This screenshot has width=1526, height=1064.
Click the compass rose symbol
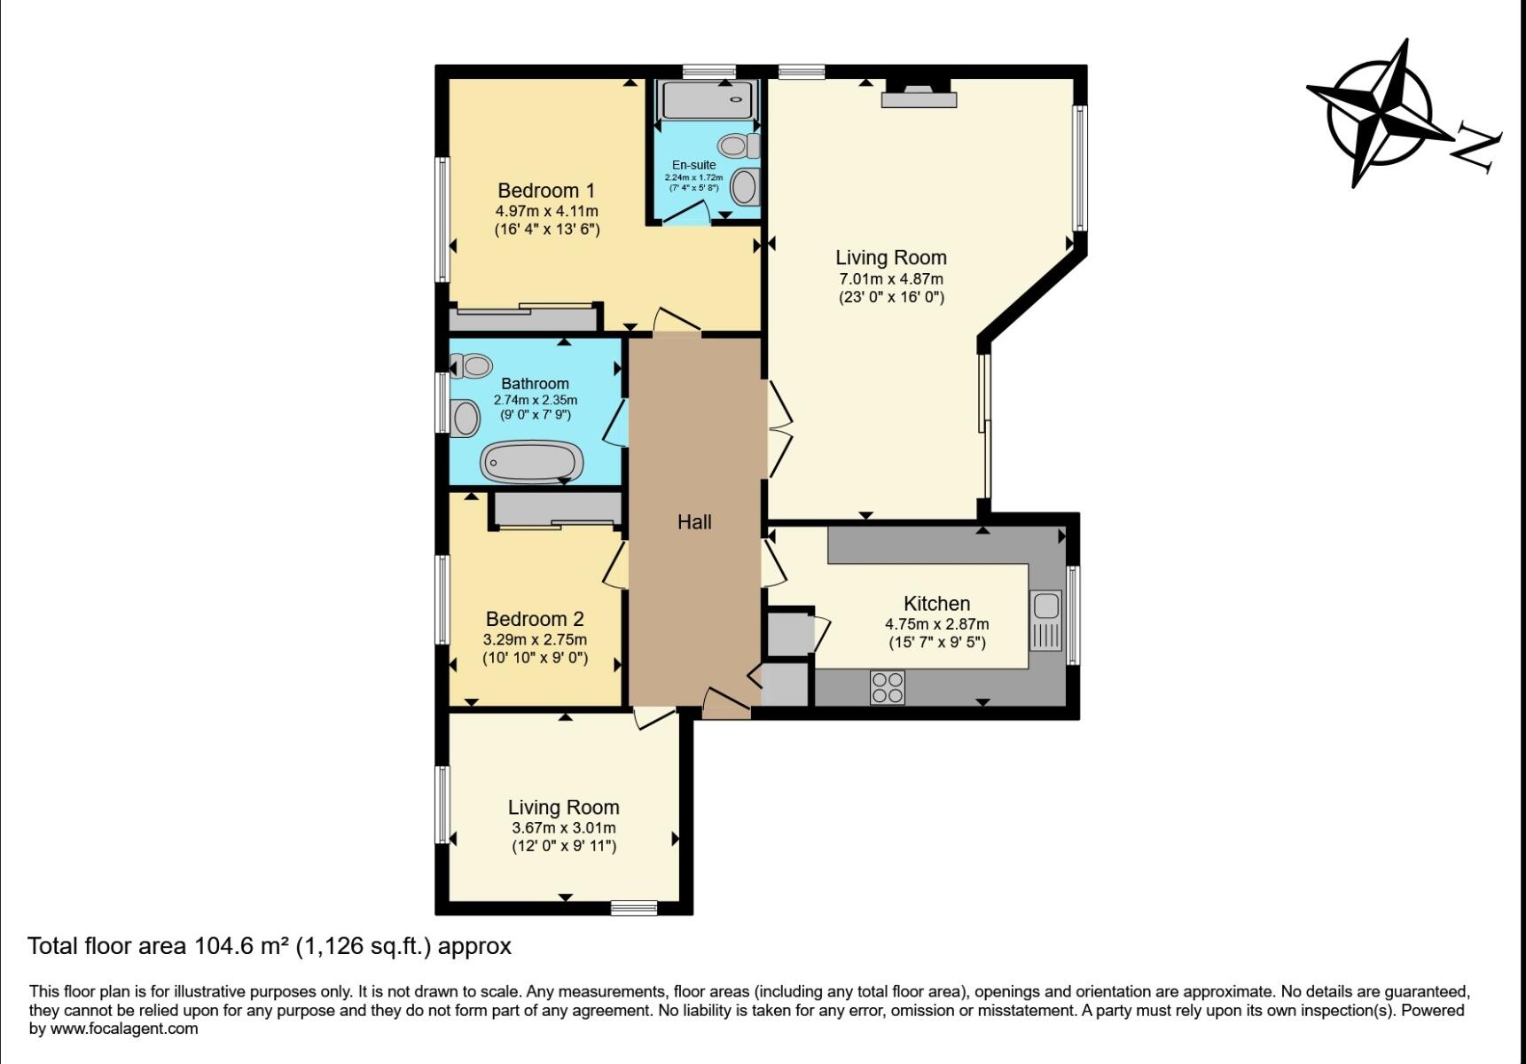[1378, 113]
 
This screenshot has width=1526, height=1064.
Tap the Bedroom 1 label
[546, 191]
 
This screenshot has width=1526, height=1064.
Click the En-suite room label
[693, 165]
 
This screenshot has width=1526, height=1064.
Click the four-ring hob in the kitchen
[888, 687]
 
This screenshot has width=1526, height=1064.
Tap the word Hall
[694, 522]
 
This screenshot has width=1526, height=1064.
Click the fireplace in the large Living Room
[919, 93]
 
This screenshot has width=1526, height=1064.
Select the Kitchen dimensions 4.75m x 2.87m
[936, 624]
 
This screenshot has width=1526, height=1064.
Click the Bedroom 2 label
[535, 619]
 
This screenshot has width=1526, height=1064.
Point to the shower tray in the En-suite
[707, 100]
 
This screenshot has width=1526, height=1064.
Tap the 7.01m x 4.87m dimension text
[891, 278]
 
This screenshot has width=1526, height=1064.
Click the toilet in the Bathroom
[471, 365]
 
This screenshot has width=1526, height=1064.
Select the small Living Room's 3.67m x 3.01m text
[563, 827]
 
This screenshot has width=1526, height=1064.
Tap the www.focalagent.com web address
[123, 1029]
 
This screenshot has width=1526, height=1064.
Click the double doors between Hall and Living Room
[777, 429]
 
